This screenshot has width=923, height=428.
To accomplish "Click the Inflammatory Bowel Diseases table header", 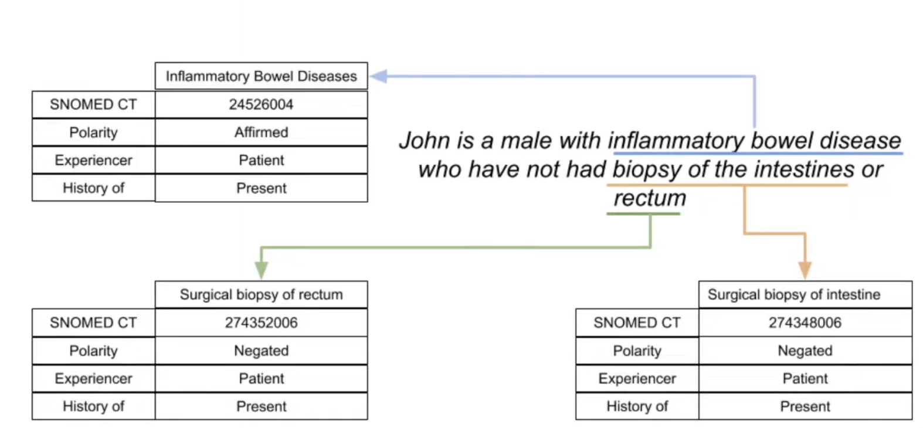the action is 261,76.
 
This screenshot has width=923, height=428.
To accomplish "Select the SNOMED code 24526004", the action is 261,104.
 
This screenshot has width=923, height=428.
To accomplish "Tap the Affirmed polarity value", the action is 261,133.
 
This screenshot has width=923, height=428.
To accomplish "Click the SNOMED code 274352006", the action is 261,322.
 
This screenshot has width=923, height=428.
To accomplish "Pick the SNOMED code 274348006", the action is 805,322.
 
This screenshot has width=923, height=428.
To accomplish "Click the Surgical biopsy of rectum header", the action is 261,294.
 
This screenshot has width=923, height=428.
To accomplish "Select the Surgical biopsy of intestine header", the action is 794,294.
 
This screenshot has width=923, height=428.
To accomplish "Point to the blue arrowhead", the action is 378,76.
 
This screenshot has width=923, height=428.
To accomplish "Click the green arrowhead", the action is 261,270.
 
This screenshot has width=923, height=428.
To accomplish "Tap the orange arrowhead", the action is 805,270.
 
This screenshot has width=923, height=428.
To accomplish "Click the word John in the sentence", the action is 425,141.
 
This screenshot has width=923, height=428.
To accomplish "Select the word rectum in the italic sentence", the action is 650,198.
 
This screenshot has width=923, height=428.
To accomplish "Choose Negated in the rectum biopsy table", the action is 261,351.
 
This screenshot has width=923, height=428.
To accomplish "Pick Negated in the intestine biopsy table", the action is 805,351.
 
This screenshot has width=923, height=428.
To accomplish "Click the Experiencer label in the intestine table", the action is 637,379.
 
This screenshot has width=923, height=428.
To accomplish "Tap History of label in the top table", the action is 94,188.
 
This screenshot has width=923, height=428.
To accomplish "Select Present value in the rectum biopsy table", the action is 261,406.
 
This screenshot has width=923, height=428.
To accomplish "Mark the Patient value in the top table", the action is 261,160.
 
